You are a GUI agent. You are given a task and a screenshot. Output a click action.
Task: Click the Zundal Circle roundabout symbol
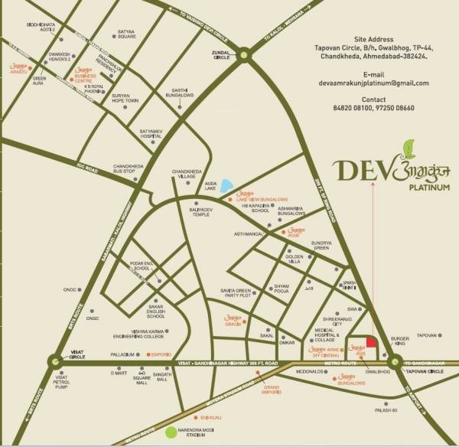(x=244, y=54)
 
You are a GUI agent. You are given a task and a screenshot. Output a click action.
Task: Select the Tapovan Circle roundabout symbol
(x=396, y=362)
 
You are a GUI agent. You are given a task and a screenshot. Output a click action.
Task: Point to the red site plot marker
(x=369, y=342)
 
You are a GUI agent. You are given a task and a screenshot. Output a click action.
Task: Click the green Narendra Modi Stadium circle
(x=172, y=433)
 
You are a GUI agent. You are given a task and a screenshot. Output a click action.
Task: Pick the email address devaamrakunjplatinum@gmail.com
(x=374, y=83)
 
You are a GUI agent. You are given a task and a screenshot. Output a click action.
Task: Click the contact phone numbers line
(x=374, y=109)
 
